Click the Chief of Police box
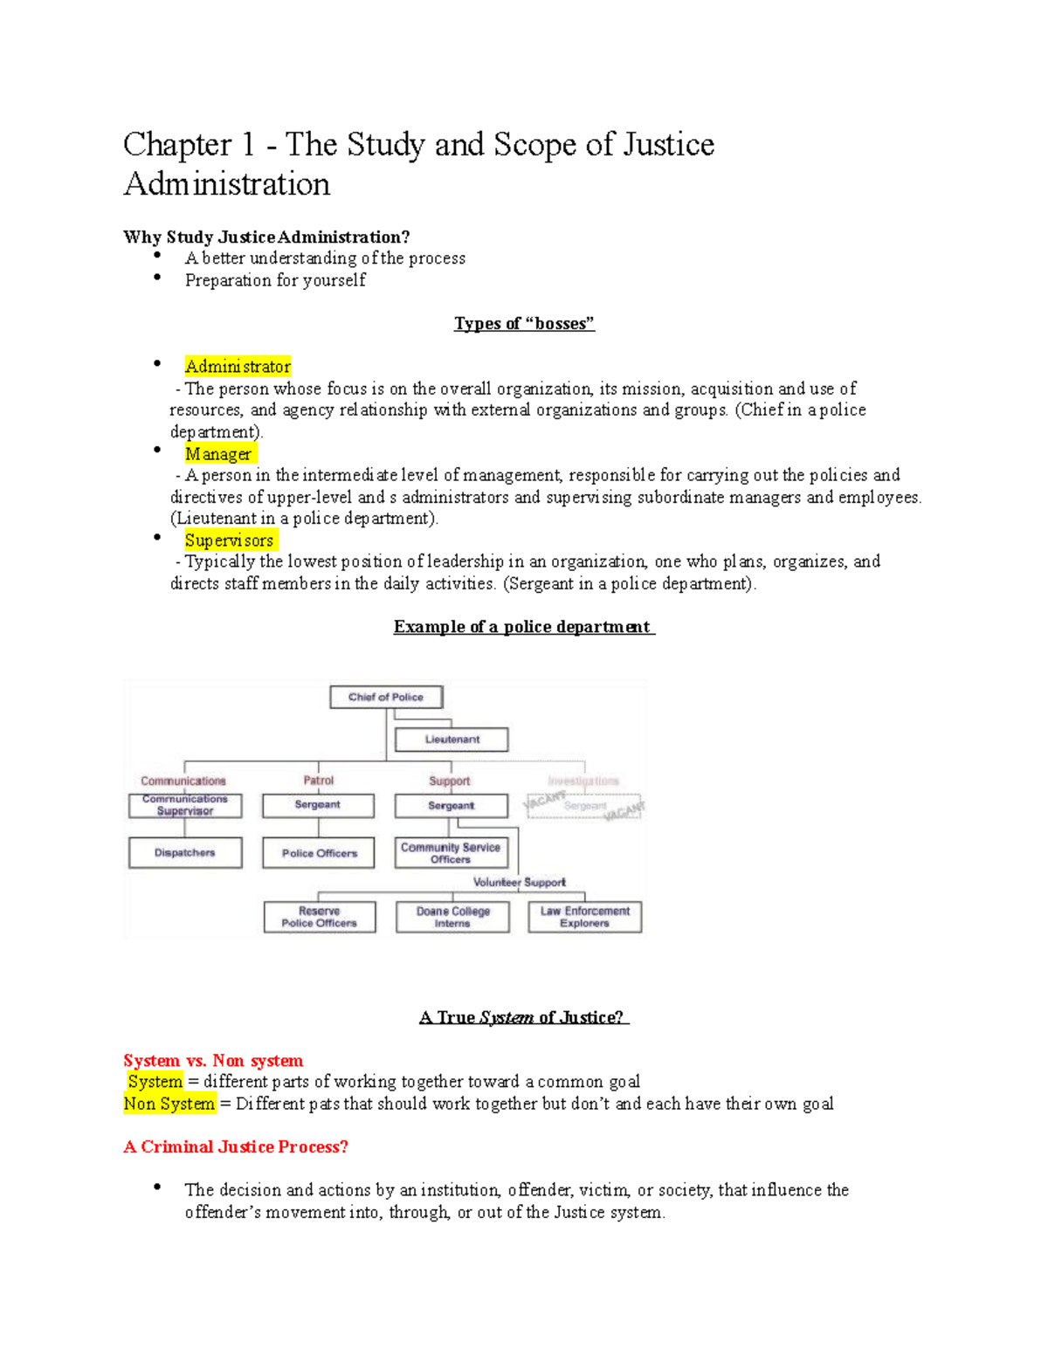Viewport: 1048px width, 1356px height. coord(386,697)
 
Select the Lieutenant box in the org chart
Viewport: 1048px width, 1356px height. coord(452,740)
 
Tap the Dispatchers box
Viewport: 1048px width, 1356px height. coord(185,853)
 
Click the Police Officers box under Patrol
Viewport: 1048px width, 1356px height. coord(319,853)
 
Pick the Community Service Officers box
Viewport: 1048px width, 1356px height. coord(451,853)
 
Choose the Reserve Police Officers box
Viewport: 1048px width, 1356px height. coord(320,917)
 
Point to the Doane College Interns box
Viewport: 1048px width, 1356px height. coord(452,917)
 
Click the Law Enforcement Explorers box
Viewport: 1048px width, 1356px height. coord(585,917)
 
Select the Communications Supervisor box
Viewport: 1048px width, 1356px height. coord(185,805)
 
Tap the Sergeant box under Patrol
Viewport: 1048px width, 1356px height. coord(318,805)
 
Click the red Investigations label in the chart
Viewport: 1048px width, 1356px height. coord(583,781)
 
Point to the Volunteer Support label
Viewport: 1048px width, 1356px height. coord(520,883)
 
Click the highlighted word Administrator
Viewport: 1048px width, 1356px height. coord(238,367)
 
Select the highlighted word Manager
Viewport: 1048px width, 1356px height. coord(218,454)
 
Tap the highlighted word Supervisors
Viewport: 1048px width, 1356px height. coord(230,540)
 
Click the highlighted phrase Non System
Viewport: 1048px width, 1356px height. coord(169,1104)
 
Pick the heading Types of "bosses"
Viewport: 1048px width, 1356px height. coord(524,324)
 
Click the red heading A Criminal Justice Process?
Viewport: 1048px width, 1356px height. coord(236,1147)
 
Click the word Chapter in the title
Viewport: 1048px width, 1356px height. coord(177,145)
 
